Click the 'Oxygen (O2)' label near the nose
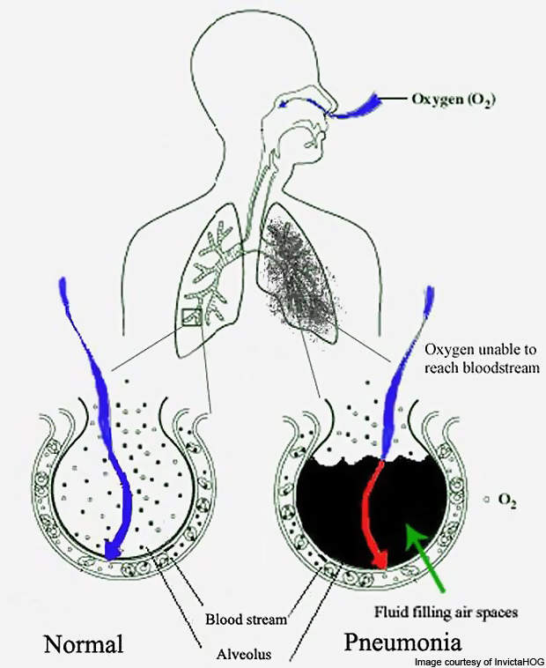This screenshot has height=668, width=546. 454,100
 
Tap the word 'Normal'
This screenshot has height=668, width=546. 84,643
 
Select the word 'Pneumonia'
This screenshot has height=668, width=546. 402,642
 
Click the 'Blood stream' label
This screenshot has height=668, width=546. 247,619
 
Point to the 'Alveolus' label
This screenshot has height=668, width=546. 244,654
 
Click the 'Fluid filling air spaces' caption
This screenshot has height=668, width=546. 446,612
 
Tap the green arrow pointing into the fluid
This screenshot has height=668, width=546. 424,558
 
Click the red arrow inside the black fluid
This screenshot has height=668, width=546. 374,515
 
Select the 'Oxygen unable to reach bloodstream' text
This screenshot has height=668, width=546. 483,359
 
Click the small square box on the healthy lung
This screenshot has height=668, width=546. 191,317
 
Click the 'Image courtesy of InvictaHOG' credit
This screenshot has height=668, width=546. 480,662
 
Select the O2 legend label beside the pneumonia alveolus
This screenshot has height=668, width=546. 507,500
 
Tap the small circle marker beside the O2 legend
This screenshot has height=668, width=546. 486,500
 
